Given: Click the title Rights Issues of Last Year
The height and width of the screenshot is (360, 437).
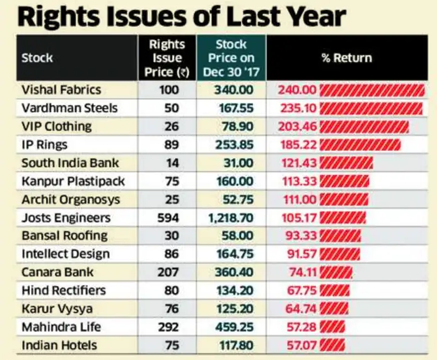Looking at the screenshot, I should (x=181, y=16).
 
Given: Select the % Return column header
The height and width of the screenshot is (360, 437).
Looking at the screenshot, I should (x=346, y=58).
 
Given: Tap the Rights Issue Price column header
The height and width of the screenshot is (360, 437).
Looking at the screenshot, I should (x=167, y=58).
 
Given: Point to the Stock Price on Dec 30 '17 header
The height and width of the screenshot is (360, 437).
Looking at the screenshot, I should (x=231, y=58).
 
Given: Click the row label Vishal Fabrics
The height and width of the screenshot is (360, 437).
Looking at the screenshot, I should (x=61, y=90).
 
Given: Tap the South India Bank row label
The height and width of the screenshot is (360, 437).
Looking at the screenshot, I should (x=70, y=163).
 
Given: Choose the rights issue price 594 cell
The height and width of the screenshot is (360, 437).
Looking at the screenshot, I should (x=169, y=218).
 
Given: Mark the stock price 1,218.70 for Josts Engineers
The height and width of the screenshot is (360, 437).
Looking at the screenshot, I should (x=232, y=218).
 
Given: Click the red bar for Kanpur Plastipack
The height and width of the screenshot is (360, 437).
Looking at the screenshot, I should (x=344, y=182).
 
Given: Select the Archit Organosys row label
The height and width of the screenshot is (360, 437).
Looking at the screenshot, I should (x=71, y=200).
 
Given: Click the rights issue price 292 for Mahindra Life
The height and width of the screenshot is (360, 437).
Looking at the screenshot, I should (x=169, y=327).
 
